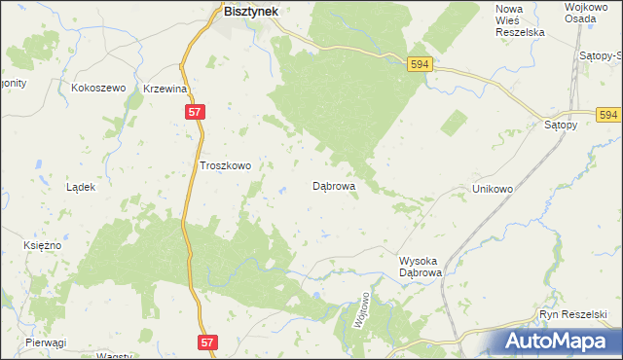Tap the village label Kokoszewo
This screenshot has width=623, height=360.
[x=99, y=88]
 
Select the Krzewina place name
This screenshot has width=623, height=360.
[x=165, y=89]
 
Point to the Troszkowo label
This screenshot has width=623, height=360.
[x=225, y=165]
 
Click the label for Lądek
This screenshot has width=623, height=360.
[x=80, y=187]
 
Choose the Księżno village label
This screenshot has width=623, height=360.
[x=42, y=245]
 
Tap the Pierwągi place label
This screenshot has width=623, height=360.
[x=46, y=342]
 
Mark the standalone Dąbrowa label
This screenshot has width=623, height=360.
[x=333, y=185]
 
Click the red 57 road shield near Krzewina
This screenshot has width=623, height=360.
[x=195, y=113]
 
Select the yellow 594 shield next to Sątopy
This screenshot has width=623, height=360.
[x=609, y=115]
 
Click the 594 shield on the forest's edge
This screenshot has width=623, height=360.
[x=420, y=63]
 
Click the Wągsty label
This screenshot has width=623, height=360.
[x=116, y=355]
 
